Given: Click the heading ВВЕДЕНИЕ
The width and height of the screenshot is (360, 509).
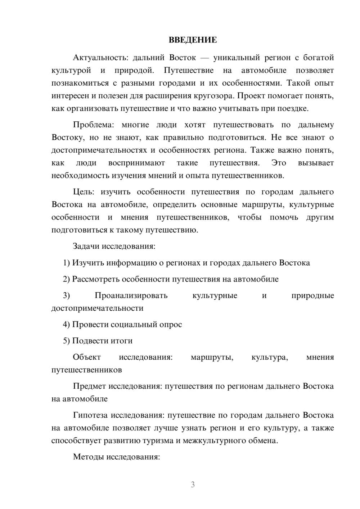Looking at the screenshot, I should (193, 40).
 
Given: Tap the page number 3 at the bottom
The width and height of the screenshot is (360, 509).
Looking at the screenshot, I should (193, 485).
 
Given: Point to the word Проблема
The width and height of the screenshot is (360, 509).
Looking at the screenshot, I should (93, 125).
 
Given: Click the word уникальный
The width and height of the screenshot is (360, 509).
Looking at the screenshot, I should (236, 58).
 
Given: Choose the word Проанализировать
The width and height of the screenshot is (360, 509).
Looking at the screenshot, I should (131, 296).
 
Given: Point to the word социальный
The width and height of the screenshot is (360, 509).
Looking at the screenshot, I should (133, 325).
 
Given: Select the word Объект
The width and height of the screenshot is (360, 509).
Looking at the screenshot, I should (87, 357).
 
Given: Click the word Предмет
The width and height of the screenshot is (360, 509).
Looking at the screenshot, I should (90, 386).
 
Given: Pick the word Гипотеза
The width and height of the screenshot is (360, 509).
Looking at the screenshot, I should (90, 415).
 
